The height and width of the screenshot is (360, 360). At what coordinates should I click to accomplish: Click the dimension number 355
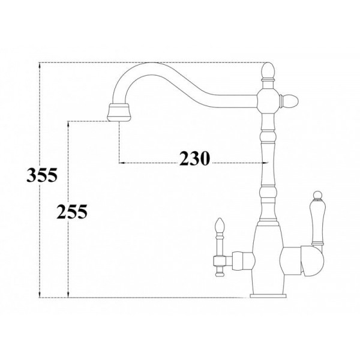[x=42, y=175]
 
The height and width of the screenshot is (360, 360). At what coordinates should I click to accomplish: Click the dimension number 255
[x=72, y=211]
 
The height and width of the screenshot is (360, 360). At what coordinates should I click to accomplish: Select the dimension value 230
[x=194, y=158]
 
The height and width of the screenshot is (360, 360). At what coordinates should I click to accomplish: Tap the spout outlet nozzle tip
[x=119, y=112]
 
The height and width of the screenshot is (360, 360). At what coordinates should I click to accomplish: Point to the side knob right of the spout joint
[x=289, y=101]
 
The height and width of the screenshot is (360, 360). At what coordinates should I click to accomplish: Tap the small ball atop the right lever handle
[x=317, y=194]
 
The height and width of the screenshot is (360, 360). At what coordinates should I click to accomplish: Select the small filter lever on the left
[x=220, y=247]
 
